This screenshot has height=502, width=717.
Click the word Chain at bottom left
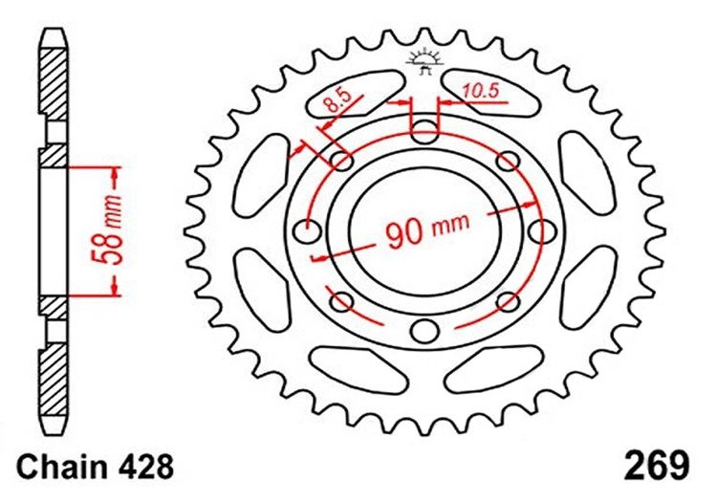coord(60,468)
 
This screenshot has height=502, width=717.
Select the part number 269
coord(657,466)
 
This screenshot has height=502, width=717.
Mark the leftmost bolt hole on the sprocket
coord(307,231)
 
